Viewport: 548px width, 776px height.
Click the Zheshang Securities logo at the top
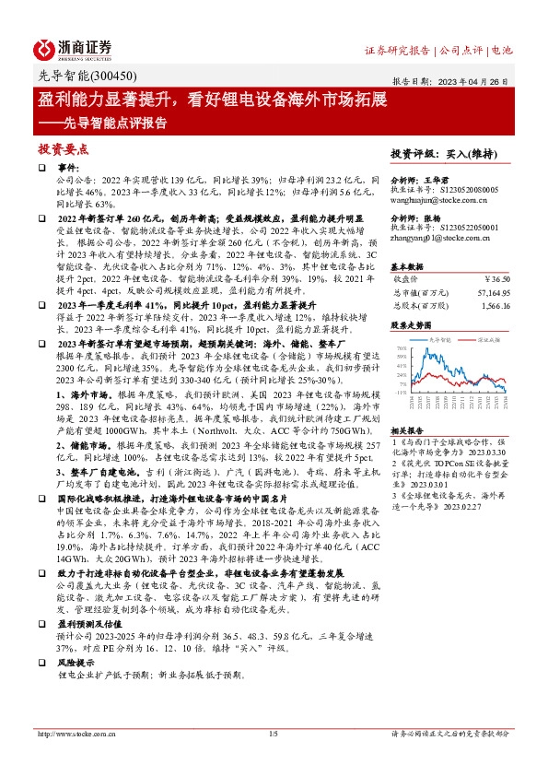click(x=74, y=49)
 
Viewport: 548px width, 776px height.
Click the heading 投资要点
click(x=63, y=147)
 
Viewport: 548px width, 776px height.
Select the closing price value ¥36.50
click(x=496, y=277)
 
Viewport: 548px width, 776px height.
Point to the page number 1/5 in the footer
click(x=273, y=734)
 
